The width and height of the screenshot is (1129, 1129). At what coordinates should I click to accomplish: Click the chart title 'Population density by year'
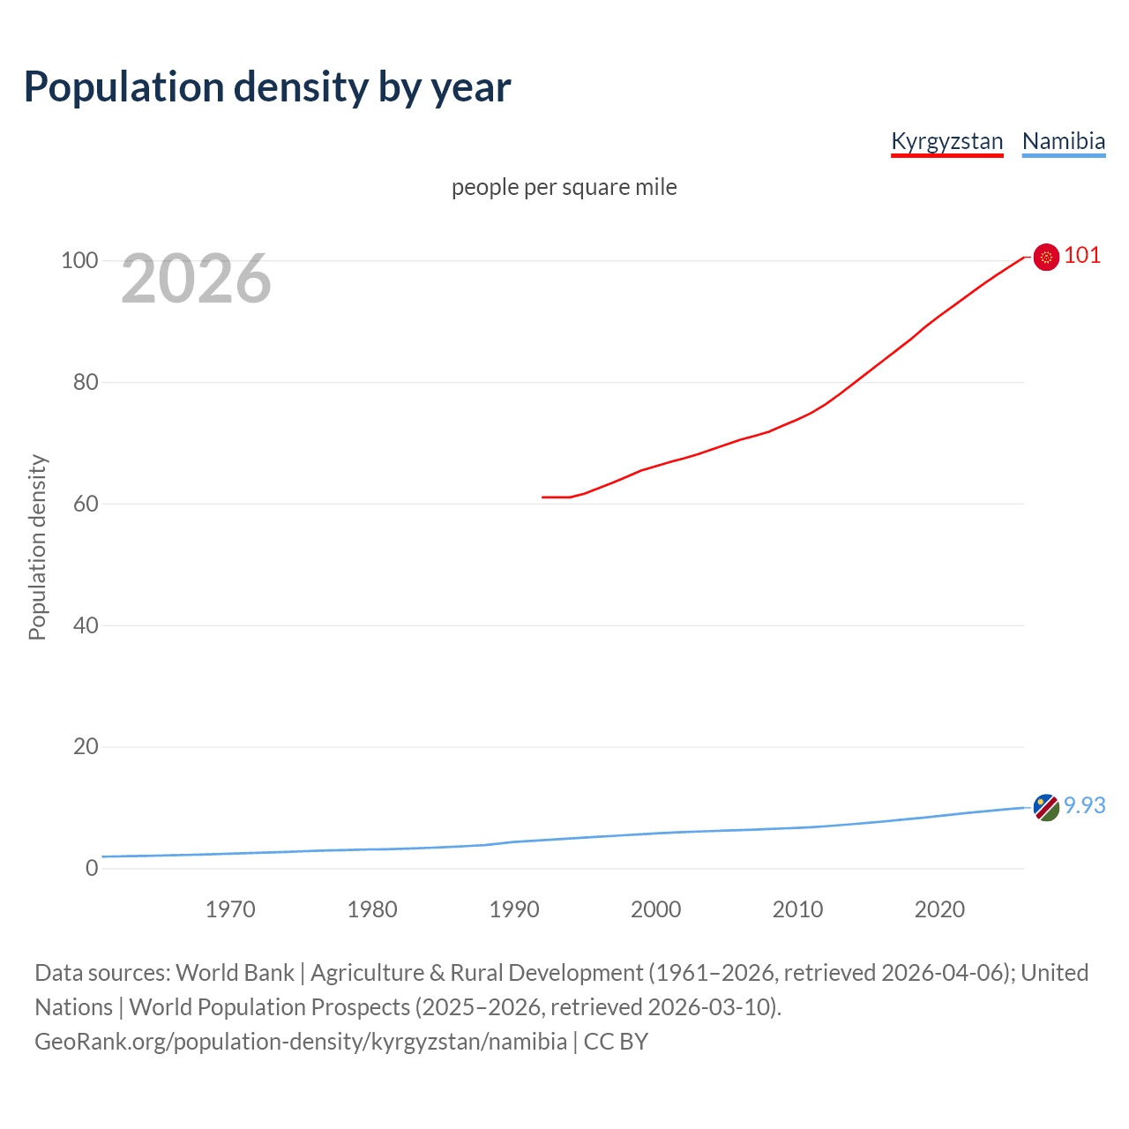pyautogui.click(x=267, y=87)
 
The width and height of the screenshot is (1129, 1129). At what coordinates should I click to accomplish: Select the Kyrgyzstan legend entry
pyautogui.click(x=946, y=141)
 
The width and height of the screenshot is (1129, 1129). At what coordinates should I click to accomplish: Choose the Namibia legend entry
pyautogui.click(x=1063, y=141)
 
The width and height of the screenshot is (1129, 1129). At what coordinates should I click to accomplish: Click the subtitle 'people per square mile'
pyautogui.click(x=564, y=187)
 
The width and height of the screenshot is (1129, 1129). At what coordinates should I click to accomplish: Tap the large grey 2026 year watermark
pyautogui.click(x=196, y=279)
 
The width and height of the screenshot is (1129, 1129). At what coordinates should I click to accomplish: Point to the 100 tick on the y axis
pyautogui.click(x=79, y=260)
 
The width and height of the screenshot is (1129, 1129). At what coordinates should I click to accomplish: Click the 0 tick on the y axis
pyautogui.click(x=92, y=868)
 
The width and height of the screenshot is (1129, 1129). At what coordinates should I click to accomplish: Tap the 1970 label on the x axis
pyautogui.click(x=230, y=909)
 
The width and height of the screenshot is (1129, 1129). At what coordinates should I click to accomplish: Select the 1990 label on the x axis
pyautogui.click(x=514, y=909)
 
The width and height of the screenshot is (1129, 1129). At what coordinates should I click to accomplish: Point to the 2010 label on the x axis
pyautogui.click(x=797, y=909)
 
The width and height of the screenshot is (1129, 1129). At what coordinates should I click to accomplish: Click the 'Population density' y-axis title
pyautogui.click(x=37, y=547)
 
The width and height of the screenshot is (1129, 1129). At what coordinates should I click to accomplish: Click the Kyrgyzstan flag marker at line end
pyautogui.click(x=1046, y=257)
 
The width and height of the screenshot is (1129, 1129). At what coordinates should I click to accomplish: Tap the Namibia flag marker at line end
pyautogui.click(x=1046, y=807)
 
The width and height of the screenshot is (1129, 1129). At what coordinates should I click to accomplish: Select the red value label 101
pyautogui.click(x=1082, y=256)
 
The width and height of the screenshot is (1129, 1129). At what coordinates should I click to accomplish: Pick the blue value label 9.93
pyautogui.click(x=1084, y=806)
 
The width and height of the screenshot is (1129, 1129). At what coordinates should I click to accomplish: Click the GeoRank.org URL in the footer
pyautogui.click(x=301, y=1042)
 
